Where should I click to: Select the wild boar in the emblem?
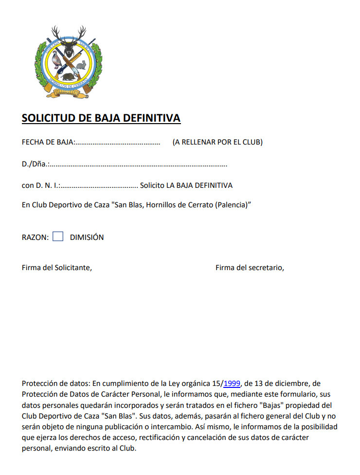pos(69,76)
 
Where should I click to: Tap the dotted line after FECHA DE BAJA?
pos(117,143)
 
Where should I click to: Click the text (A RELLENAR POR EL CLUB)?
pos(217,142)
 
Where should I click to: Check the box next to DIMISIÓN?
pos(58,237)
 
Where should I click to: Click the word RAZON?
pos(35,237)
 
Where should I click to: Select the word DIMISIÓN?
pos(87,237)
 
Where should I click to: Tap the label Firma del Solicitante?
pos(57,267)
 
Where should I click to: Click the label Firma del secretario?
pos(250,267)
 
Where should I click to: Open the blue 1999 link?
pos(232,383)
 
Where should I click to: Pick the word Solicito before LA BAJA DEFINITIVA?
pos(152,186)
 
